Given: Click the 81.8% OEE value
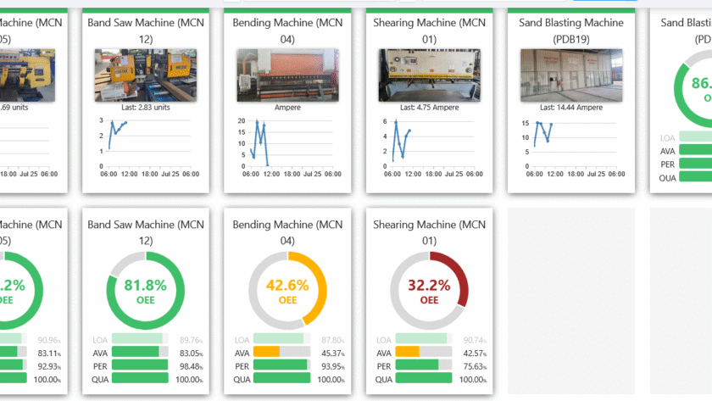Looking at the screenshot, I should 144,285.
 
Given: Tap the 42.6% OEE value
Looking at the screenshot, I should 287,285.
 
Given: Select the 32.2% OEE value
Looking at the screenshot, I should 430,285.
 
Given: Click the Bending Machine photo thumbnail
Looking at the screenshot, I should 287,75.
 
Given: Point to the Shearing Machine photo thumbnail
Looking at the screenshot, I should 429,75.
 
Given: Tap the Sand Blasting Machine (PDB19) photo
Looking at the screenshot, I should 571,75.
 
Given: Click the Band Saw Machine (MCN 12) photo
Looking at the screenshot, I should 145,75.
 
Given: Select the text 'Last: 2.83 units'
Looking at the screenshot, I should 145,108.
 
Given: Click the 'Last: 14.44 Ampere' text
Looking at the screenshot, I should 571,108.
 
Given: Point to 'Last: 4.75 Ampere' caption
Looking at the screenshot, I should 429,108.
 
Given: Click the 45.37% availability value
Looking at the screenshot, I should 331,353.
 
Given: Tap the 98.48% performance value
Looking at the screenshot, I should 189,366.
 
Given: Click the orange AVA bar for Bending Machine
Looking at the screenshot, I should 267,352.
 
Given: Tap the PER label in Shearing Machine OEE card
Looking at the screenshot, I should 383,365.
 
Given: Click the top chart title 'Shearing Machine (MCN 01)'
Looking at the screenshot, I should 429,31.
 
